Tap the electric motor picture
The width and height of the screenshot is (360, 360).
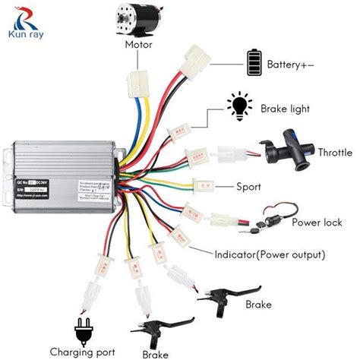click(x=141, y=21)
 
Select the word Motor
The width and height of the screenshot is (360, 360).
click(x=141, y=44)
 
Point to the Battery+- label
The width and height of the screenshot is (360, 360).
click(x=290, y=65)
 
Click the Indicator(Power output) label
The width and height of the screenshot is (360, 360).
click(x=270, y=254)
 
